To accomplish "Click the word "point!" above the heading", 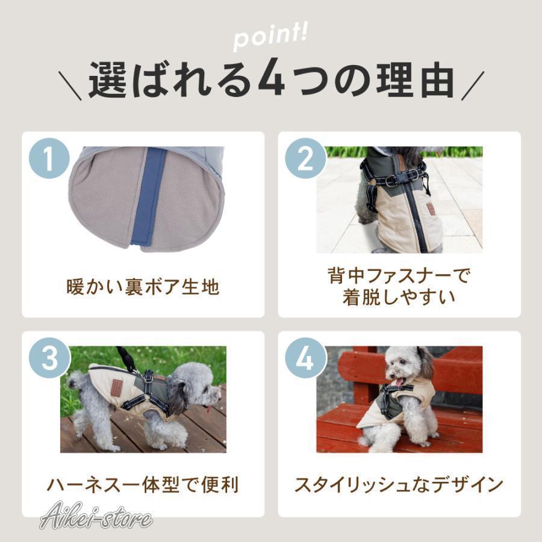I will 271,39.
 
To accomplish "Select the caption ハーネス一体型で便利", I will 143,485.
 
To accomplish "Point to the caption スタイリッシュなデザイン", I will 399,485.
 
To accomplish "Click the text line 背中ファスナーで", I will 399,276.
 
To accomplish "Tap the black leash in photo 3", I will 127,359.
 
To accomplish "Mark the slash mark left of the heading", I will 72,85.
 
